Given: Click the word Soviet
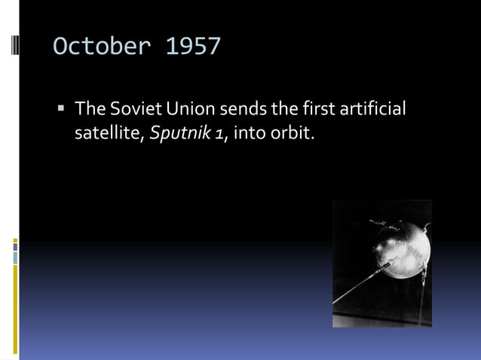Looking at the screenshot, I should pyautogui.click(x=133, y=110).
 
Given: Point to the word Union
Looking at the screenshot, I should pyautogui.click(x=188, y=110).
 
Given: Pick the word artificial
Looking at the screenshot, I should pyautogui.click(x=369, y=110).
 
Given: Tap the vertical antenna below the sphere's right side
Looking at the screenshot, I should pyautogui.click(x=421, y=297).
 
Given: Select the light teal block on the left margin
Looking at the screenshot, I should pyautogui.click(x=14, y=258).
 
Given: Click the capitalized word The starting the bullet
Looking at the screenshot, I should pyautogui.click(x=90, y=110).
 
